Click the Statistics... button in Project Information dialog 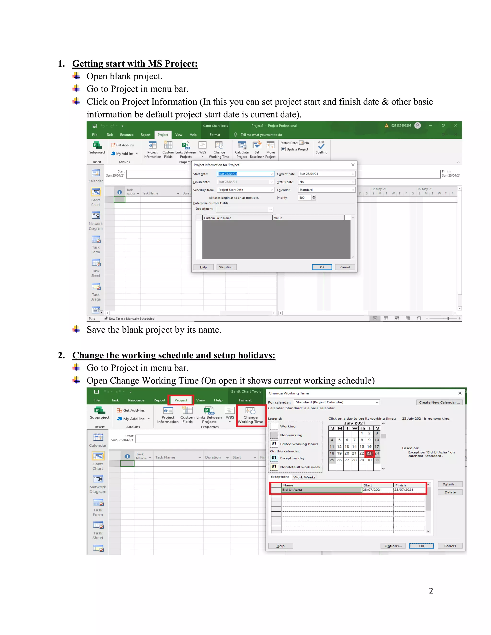[226, 267]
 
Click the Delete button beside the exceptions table [450, 492]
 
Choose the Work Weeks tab [304, 477]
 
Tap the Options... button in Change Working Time [393, 546]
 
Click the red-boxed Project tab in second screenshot [181, 400]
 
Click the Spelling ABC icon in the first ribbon [321, 147]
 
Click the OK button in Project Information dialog [322, 267]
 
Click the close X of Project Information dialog [353, 165]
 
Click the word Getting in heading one [88, 64]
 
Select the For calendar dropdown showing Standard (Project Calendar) [337, 402]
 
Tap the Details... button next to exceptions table [450, 484]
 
